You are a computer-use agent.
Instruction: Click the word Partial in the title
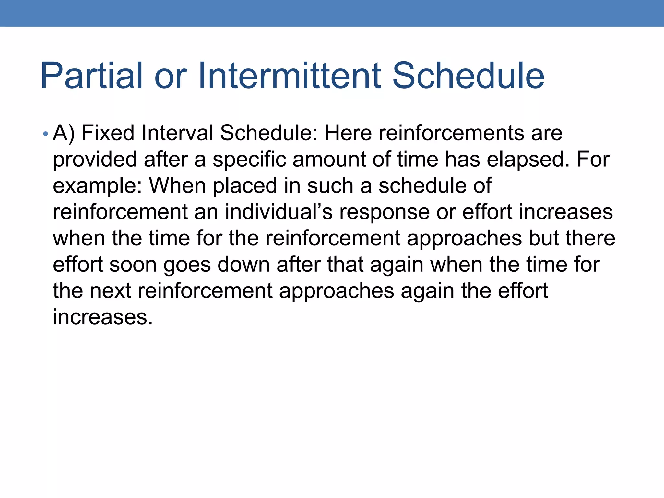[92, 76]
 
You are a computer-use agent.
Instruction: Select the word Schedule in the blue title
[468, 76]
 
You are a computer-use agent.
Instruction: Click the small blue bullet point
[46, 134]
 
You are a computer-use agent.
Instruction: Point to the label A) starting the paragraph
[64, 133]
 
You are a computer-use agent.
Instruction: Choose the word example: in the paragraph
[98, 186]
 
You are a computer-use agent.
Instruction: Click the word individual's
[279, 212]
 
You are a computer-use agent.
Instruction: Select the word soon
[133, 265]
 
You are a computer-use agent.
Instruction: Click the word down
[243, 265]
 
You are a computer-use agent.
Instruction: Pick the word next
[110, 290]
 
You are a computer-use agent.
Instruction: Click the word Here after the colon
[348, 133]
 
